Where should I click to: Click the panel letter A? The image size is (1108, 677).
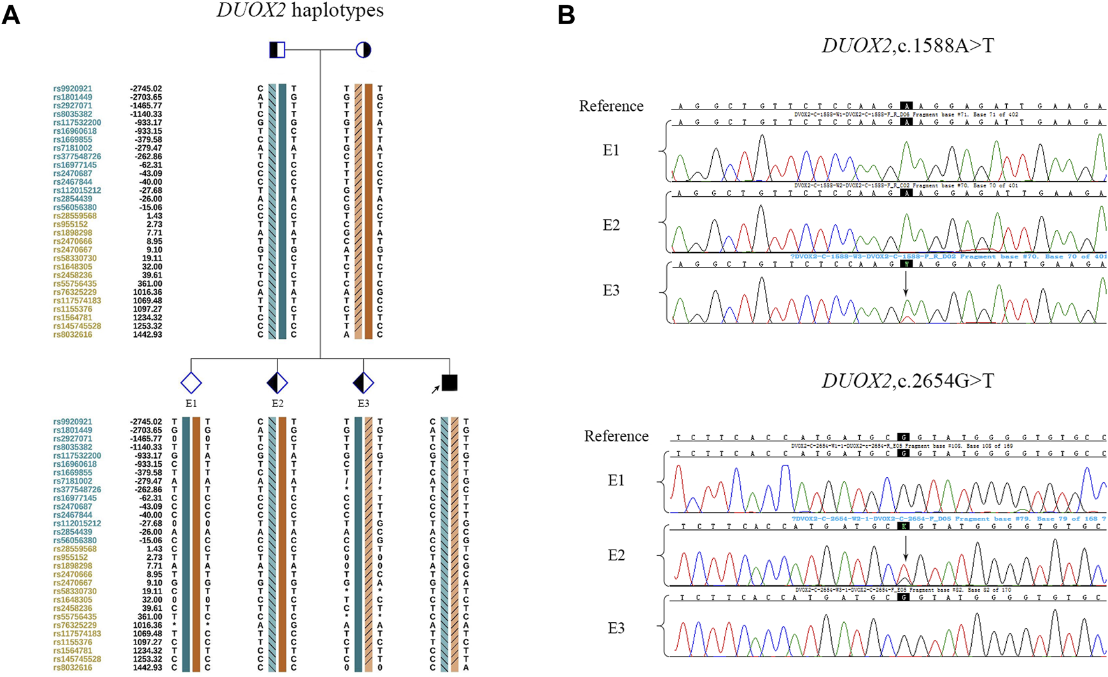click(11, 15)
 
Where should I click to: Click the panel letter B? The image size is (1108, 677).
click(566, 15)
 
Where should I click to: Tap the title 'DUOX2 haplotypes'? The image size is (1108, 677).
click(300, 11)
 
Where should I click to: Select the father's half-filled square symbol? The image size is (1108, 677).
click(277, 50)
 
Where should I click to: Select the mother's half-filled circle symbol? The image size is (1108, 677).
click(363, 50)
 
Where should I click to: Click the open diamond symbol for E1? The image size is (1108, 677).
click(191, 383)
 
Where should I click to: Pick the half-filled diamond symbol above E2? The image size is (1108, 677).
click(277, 383)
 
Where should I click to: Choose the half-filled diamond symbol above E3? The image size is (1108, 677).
click(363, 383)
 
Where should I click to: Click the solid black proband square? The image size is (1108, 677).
click(449, 383)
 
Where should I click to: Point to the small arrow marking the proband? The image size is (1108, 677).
click(436, 388)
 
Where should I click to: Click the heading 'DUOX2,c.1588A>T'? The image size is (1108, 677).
click(907, 46)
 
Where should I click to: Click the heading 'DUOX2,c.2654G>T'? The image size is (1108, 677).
click(907, 381)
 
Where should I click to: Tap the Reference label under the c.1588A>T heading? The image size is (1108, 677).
click(611, 106)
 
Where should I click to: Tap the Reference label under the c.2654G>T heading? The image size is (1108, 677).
click(616, 436)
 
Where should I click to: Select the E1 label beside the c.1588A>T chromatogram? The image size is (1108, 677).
click(611, 150)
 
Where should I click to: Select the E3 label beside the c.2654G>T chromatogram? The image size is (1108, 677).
click(616, 629)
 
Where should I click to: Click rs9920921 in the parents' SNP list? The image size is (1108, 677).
click(73, 89)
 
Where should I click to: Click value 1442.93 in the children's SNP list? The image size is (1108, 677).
click(147, 667)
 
